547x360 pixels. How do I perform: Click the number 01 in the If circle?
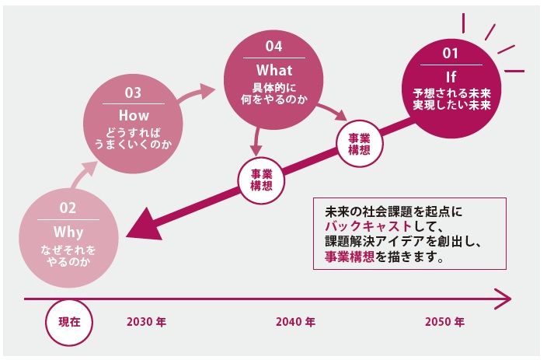(x=451, y=53)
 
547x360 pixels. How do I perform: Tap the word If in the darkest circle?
(x=451, y=77)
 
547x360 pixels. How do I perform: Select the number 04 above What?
(x=273, y=46)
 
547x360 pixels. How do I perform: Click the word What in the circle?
(x=274, y=70)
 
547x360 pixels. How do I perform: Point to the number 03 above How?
(x=133, y=93)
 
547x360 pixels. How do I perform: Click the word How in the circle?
(x=134, y=115)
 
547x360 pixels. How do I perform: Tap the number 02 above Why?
(x=68, y=208)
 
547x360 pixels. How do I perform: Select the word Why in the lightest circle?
(x=68, y=232)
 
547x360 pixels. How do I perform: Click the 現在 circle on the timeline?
(x=69, y=322)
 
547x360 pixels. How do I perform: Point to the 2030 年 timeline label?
(x=147, y=322)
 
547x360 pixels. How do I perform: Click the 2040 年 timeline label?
(x=295, y=322)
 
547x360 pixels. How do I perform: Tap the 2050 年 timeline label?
(x=444, y=322)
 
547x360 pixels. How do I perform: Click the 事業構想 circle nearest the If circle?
(x=359, y=144)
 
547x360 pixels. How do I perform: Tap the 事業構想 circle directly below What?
(x=261, y=180)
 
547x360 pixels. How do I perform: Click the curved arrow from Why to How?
(x=82, y=176)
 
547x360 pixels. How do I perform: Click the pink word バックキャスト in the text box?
(x=368, y=226)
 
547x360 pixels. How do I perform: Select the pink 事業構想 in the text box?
(x=350, y=257)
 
